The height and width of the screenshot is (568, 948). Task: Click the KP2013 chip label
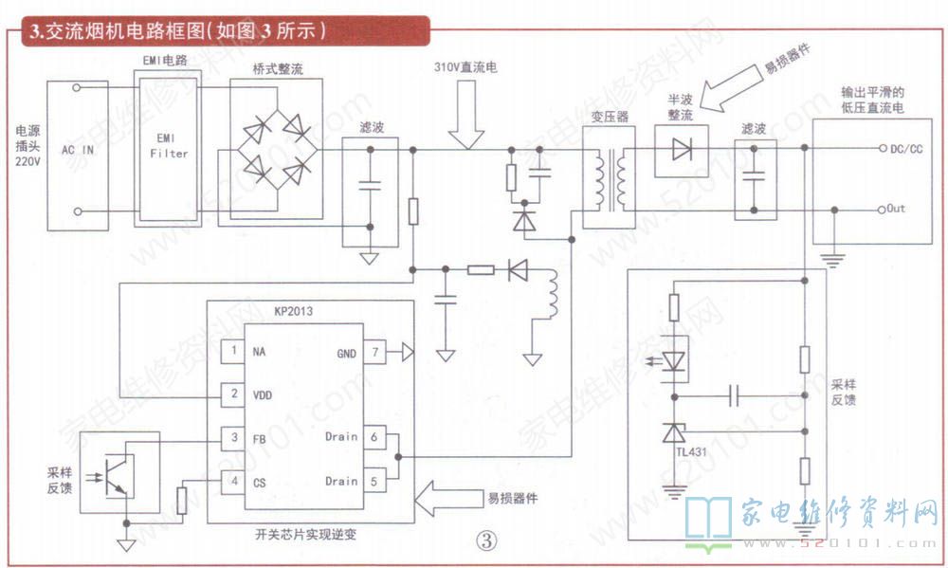(x=293, y=311)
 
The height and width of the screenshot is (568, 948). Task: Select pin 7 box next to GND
(x=374, y=352)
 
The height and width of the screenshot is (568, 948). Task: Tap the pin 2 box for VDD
(x=233, y=394)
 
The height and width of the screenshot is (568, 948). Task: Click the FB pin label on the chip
(x=260, y=438)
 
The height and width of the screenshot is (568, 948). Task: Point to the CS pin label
(x=260, y=483)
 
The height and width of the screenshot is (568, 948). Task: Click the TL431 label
(x=691, y=452)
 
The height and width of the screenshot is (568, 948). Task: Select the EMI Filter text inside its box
(x=169, y=146)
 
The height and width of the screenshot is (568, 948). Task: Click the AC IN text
(x=78, y=150)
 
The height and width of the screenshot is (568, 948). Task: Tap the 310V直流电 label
(x=465, y=67)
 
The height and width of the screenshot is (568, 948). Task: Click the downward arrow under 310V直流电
(x=466, y=115)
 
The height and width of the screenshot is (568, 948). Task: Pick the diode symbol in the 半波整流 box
(x=682, y=149)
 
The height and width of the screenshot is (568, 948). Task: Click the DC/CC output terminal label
(x=906, y=149)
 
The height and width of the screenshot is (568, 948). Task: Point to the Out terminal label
(x=896, y=208)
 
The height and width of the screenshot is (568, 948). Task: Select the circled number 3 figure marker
(x=486, y=540)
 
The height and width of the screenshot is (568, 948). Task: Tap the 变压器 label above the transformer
(x=610, y=116)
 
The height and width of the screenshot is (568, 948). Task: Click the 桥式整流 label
(x=278, y=69)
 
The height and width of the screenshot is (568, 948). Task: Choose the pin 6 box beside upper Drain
(x=374, y=437)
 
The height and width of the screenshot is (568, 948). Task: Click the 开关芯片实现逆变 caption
(x=306, y=534)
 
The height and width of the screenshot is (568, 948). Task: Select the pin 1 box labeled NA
(x=233, y=350)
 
